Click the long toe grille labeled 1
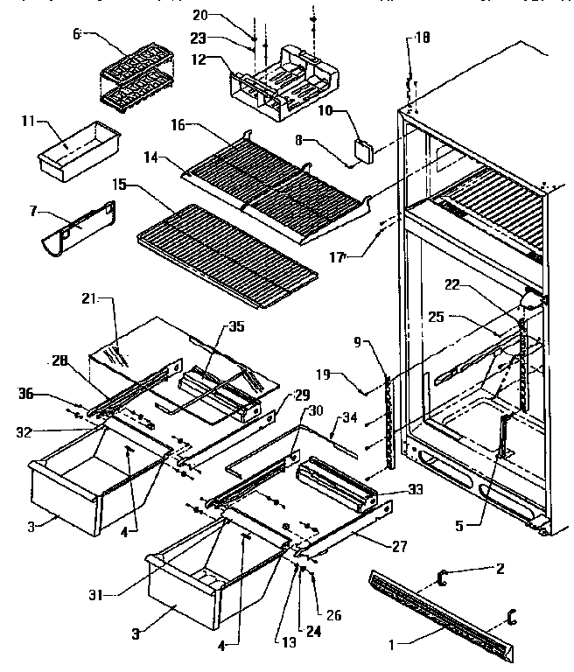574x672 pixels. pyautogui.click(x=446, y=604)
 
